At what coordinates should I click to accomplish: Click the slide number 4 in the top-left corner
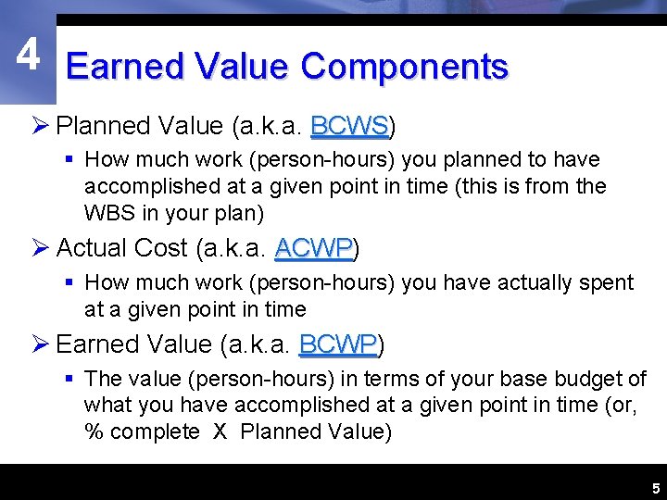(x=28, y=56)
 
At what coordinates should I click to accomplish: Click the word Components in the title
(x=405, y=67)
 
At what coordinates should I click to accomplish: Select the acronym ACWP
(x=313, y=248)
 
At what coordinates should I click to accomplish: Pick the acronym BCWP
(x=337, y=344)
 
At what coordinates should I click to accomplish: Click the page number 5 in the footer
(x=655, y=488)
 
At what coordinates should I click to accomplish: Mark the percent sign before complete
(x=93, y=431)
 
